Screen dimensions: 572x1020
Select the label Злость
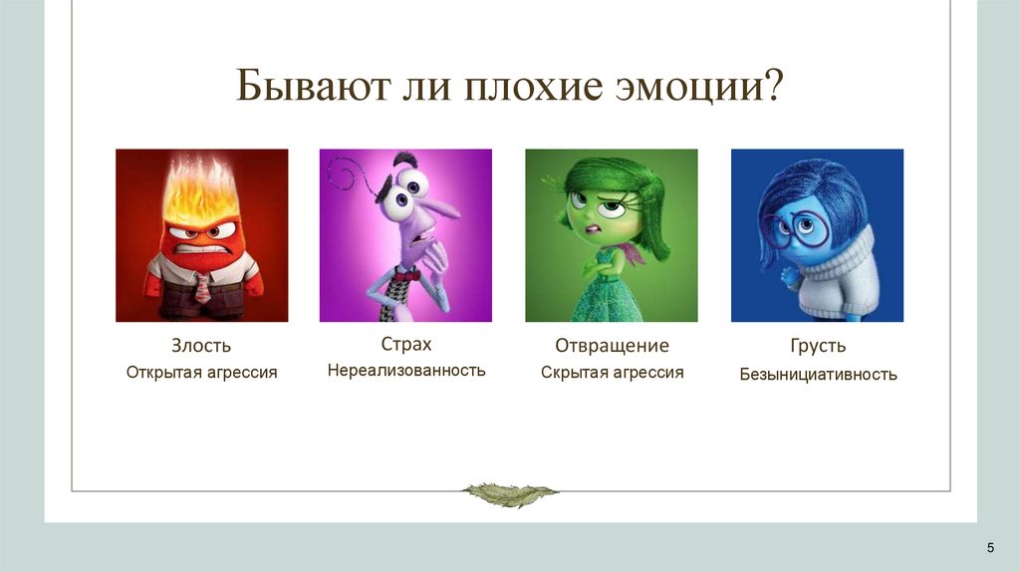click(201, 346)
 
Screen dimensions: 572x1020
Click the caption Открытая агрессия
click(201, 372)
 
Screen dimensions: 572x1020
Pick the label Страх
click(405, 344)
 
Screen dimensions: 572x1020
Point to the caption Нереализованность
click(405, 371)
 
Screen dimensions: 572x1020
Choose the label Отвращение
click(612, 346)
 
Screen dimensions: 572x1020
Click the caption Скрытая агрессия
click(612, 372)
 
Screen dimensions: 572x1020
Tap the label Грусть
click(817, 346)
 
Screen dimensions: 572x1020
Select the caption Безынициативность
click(817, 375)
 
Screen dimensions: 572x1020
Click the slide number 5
click(990, 547)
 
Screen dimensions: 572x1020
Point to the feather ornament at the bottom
click(510, 493)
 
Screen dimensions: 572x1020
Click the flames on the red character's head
click(202, 189)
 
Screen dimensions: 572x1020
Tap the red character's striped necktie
click(202, 287)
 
